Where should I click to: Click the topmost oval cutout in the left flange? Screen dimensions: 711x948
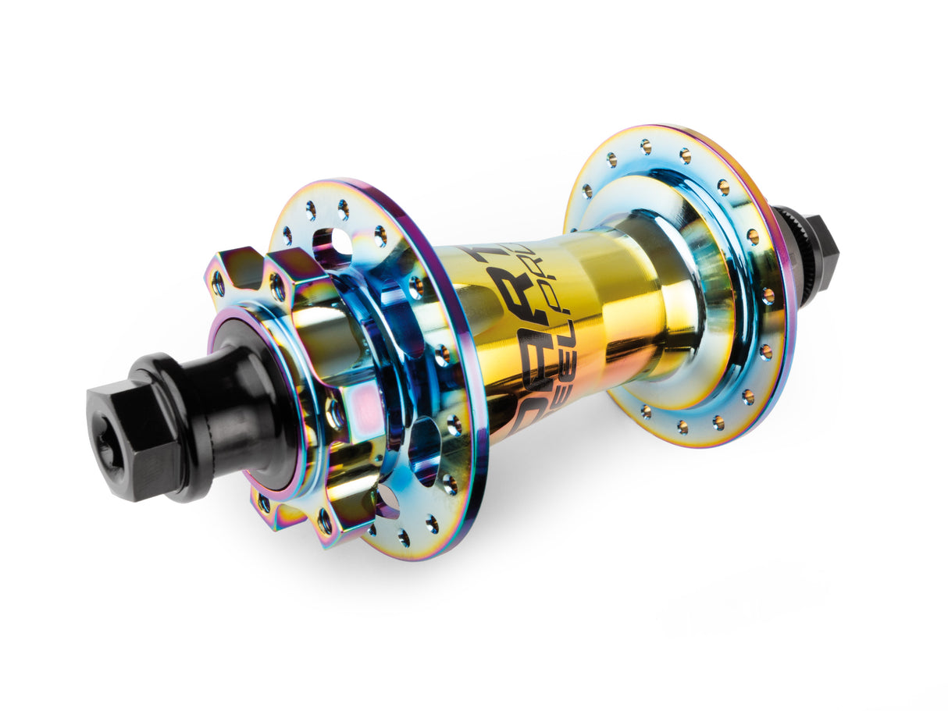(332, 242)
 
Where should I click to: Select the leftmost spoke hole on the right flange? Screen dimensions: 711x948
(586, 192)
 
